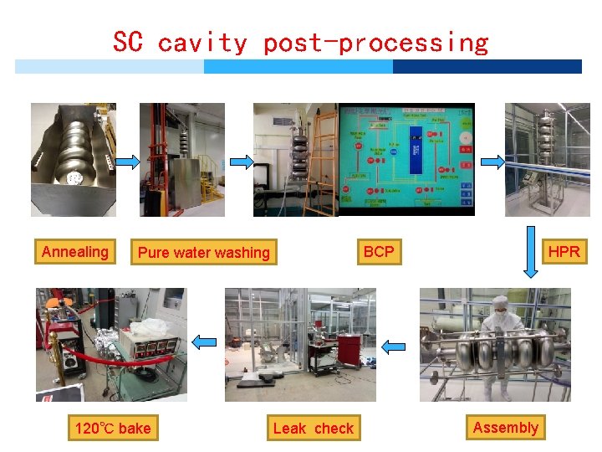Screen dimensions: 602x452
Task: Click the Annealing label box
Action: coord(75,252)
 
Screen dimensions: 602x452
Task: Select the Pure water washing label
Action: coord(203,253)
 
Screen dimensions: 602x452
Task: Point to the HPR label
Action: coord(564,252)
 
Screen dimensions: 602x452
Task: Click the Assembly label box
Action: coord(505,428)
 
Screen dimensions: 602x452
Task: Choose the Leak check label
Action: coord(314,429)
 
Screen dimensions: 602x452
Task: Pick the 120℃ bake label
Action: coord(113,429)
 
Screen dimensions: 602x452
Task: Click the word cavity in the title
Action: coord(202,42)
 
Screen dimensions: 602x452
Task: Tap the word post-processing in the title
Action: coord(375,42)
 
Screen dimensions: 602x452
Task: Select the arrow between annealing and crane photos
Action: coord(127,162)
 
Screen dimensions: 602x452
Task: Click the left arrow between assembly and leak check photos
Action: coord(394,345)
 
